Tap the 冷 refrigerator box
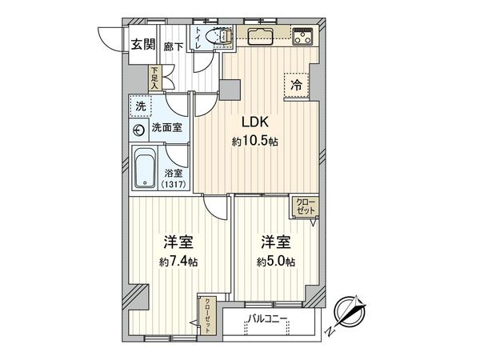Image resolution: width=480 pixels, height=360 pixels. point(297,83)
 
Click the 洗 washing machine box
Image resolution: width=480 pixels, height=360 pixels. point(141,106)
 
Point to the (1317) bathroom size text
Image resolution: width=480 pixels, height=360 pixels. point(172,186)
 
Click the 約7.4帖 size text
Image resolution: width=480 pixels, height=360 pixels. point(177,262)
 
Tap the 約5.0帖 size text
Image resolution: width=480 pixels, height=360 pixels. point(276,262)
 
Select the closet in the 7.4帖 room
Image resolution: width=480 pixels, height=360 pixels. point(209,308)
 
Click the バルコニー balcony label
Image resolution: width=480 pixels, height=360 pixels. point(268,319)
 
